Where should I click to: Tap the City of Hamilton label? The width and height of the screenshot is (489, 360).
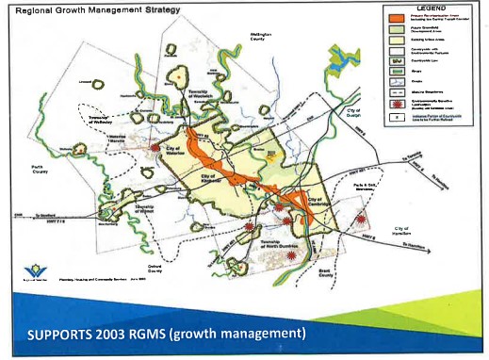399,231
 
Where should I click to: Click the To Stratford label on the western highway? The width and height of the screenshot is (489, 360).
43,216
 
